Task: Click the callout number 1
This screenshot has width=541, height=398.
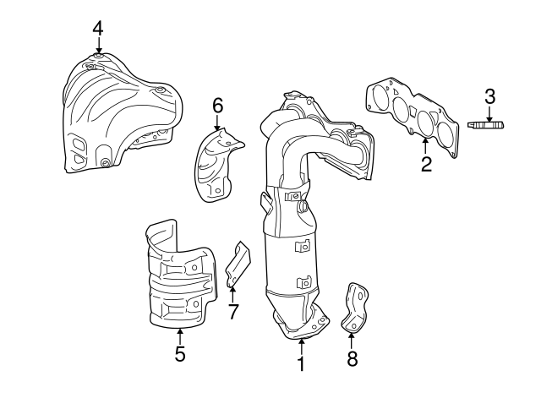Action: (x=301, y=363)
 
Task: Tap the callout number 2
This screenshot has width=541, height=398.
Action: (x=426, y=164)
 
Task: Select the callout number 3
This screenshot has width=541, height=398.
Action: (x=490, y=97)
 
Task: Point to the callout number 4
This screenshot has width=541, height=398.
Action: (x=98, y=29)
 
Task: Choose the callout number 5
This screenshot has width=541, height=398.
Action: (x=180, y=354)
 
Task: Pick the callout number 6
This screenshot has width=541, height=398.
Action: (x=218, y=106)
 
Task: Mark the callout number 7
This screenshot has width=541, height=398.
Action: (x=233, y=312)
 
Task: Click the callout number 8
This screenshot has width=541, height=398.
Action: (x=352, y=358)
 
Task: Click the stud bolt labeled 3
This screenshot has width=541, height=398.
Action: (x=485, y=124)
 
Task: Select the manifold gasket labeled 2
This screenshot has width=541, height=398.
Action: (x=413, y=117)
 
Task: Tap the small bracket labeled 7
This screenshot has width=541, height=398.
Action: (x=238, y=264)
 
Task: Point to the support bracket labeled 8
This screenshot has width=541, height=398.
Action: (x=355, y=308)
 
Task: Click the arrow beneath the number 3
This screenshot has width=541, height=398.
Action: (x=489, y=114)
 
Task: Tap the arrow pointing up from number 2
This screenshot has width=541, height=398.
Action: (x=425, y=146)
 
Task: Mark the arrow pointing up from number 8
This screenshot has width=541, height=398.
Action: (x=352, y=341)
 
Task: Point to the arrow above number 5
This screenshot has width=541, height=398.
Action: (x=179, y=336)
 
